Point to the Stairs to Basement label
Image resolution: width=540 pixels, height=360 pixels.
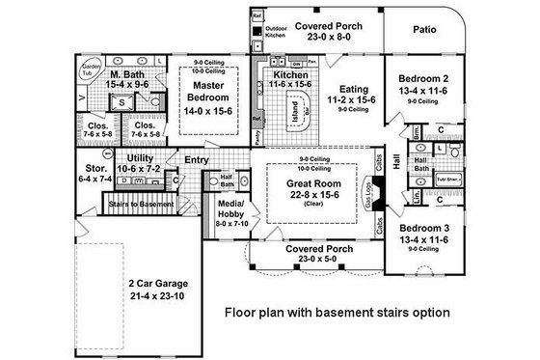143,205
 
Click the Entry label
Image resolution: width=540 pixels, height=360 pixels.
199,160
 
